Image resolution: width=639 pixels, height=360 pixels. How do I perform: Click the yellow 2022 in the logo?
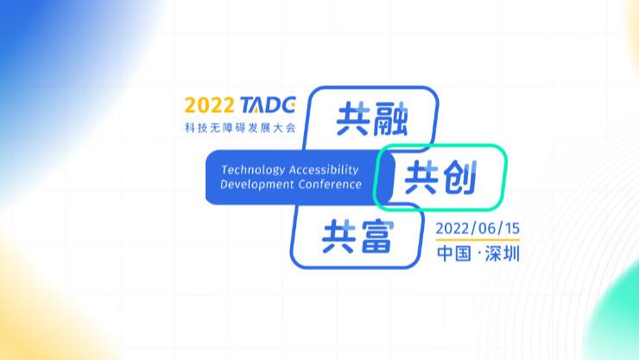click(208, 106)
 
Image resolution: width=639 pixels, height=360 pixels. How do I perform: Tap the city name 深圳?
click(503, 256)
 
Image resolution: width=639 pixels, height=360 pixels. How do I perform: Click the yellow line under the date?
click(478, 241)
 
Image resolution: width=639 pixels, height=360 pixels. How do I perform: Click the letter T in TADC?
click(246, 106)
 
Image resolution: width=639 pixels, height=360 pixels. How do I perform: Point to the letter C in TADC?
click(288, 106)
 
